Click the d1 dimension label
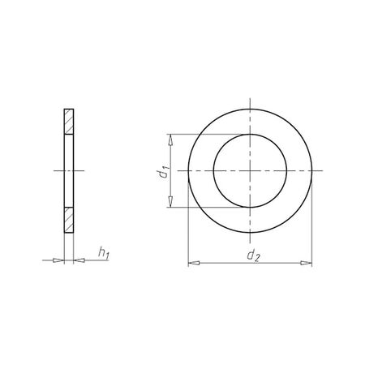(163, 171)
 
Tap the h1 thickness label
(103, 255)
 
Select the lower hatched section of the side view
(69, 221)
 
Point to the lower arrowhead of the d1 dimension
(170, 204)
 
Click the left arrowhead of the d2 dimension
(191, 263)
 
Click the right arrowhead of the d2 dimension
(308, 263)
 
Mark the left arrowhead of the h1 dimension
(59, 260)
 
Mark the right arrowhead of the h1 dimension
(78, 260)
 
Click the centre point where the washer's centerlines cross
(250, 171)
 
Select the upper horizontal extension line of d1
(195, 134)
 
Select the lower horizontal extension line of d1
(195, 208)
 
